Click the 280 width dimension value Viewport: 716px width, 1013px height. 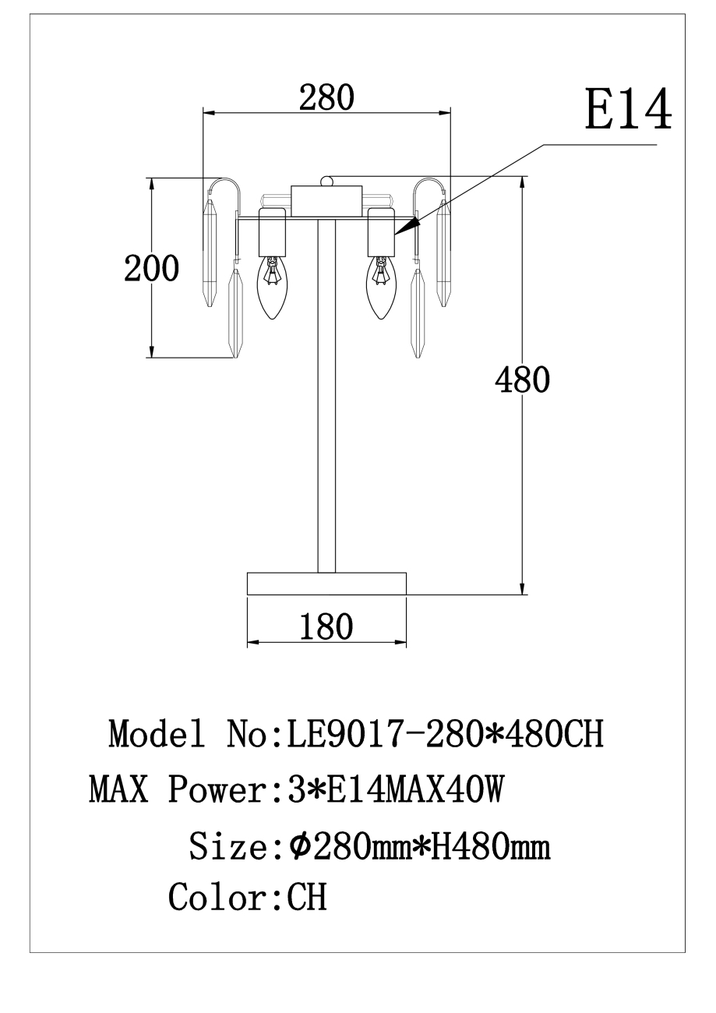326,97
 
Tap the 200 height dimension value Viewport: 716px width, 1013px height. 151,268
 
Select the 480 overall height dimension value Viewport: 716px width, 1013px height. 522,379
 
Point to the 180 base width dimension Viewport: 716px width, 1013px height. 326,627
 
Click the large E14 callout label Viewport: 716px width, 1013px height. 628,109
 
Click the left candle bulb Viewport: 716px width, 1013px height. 272,288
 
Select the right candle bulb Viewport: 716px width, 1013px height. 381,288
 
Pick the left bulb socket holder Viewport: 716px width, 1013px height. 272,232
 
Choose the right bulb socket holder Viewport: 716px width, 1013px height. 382,232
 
